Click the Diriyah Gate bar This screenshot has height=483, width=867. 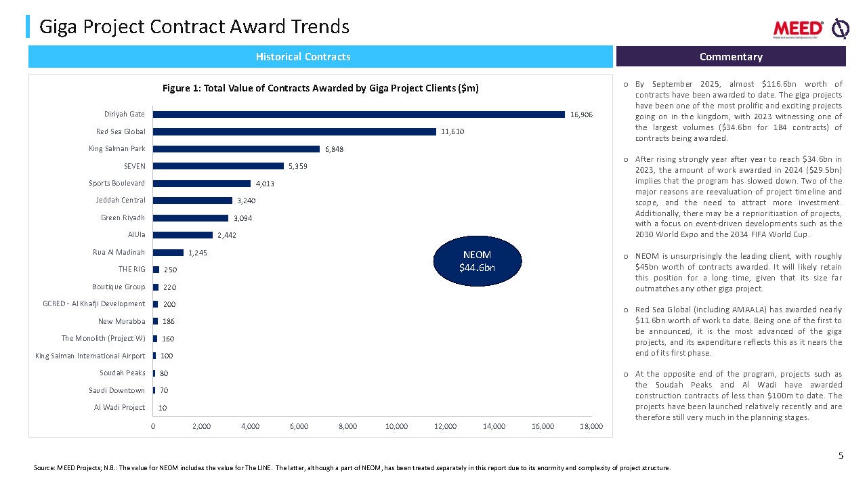click(359, 114)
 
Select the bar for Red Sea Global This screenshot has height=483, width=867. click(295, 131)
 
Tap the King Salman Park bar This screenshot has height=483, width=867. click(236, 149)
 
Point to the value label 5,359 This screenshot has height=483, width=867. click(298, 166)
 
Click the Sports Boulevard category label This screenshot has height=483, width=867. click(117, 184)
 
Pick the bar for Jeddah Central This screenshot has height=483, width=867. click(193, 201)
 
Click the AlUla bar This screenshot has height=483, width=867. click(183, 235)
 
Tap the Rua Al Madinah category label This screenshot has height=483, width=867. click(119, 253)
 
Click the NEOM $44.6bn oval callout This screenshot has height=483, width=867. click(477, 261)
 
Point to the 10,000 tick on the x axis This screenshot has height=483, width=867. click(396, 426)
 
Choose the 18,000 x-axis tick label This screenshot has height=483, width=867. click(591, 426)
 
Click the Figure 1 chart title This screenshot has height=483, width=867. click(320, 89)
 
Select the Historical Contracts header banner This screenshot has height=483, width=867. click(303, 57)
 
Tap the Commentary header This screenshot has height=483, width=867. click(731, 57)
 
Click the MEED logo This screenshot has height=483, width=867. click(799, 28)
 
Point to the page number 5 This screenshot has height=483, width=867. click(841, 456)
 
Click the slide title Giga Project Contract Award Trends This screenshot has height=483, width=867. click(194, 27)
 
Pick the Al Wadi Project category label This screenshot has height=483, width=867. click(119, 408)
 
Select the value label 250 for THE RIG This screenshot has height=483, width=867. click(171, 270)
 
